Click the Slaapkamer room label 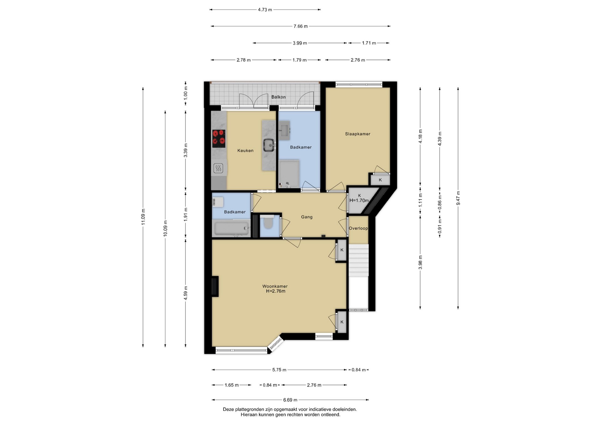(357, 134)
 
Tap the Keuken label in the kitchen (245, 151)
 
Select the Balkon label (278, 97)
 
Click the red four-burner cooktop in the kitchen (219, 139)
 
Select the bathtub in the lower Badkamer (232, 228)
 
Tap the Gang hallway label (307, 217)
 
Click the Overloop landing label (358, 228)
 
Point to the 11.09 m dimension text (143, 217)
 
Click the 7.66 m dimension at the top (300, 26)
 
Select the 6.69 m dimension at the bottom (290, 400)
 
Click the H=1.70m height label (359, 201)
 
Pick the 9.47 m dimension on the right (458, 198)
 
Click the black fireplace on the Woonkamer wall (215, 286)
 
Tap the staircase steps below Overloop (359, 260)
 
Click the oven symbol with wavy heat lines (218, 168)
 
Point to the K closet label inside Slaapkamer (380, 180)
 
